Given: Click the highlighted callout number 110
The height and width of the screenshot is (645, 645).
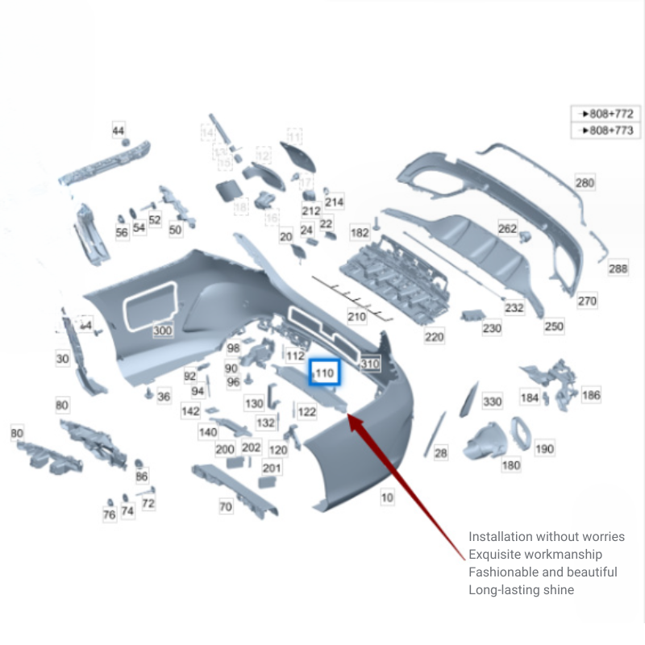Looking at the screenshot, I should tap(325, 373).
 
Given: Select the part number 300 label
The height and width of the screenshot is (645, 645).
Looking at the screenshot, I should tap(163, 331).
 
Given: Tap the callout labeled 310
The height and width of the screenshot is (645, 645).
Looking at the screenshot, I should tap(370, 364).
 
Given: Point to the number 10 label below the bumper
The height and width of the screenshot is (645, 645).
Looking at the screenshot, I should tap(387, 497).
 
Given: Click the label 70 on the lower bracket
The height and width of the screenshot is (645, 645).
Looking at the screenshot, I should tap(226, 507).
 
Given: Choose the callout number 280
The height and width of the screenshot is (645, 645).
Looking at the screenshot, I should tap(585, 183).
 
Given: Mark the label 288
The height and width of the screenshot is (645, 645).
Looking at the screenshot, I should tap(618, 268).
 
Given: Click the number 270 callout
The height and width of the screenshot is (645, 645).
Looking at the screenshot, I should tap(587, 301).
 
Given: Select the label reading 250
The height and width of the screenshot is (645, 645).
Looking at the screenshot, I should tap(553, 327).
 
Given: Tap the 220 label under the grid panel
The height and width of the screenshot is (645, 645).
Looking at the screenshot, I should tap(434, 337).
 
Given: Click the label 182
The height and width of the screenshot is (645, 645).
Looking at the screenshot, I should tap(360, 233).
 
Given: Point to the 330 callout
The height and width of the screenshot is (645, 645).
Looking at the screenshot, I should tap(492, 402).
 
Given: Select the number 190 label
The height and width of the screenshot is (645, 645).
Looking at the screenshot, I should tap(545, 448).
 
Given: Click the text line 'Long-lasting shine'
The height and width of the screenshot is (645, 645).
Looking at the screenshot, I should tap(522, 590).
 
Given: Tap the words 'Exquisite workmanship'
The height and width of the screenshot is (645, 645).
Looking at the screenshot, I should tap(535, 555).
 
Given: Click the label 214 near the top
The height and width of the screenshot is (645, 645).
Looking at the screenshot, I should tap(334, 202).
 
